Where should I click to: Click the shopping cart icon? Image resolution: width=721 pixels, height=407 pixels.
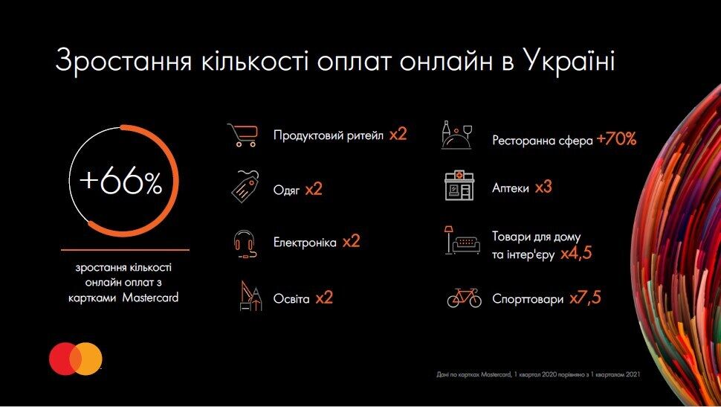coord(242,135)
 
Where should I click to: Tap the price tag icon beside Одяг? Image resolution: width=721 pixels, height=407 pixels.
coord(243,188)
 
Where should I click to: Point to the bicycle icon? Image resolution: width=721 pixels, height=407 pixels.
coord(464,298)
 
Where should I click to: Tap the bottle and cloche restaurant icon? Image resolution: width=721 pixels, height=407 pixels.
coord(460,135)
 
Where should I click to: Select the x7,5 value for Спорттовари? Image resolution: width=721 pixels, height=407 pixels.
coord(585,298)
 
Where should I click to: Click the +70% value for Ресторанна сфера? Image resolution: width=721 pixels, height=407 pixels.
coord(616,139)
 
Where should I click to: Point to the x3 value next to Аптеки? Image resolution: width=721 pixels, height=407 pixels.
coord(543,188)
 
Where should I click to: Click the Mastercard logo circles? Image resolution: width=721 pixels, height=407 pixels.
coord(76,359)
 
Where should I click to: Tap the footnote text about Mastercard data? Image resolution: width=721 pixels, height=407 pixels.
coord(538,374)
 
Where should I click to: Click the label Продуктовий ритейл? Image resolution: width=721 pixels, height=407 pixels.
coord(328,135)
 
